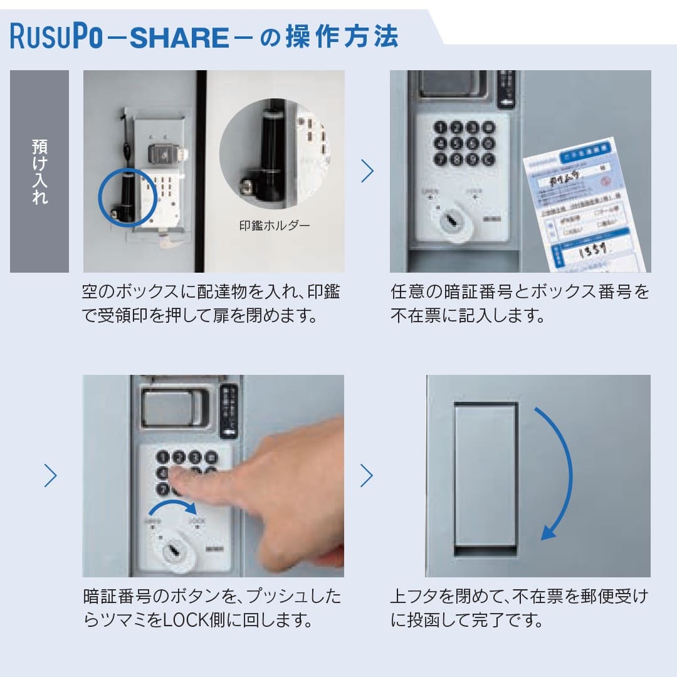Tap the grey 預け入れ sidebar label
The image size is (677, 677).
[x=39, y=171]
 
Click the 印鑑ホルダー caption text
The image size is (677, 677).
[x=274, y=225]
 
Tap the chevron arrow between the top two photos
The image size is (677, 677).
[x=367, y=171]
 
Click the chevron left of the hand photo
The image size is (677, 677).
[x=51, y=476]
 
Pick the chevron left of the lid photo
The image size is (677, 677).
[x=367, y=476]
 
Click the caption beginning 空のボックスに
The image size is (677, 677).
[x=211, y=303]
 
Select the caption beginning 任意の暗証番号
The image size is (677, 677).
[x=520, y=303]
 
